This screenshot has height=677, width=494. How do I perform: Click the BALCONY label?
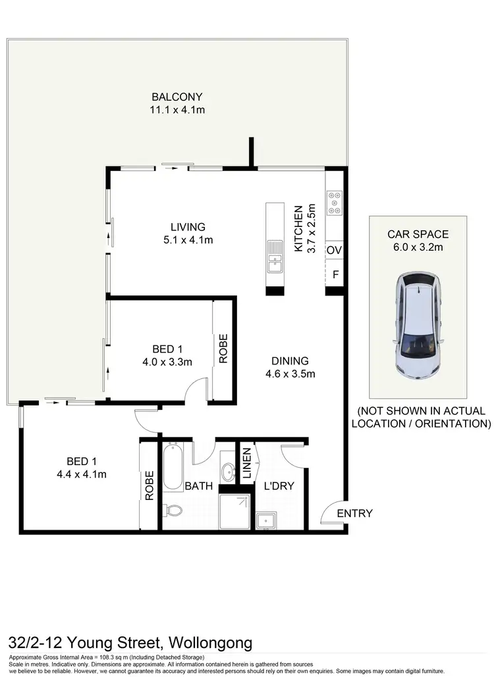[x=177, y=97]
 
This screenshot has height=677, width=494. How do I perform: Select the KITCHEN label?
[x=298, y=228]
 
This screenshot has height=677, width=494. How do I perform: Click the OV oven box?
[x=335, y=250]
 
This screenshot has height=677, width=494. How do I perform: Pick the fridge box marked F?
[x=335, y=274]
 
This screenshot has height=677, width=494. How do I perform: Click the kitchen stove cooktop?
[x=334, y=202]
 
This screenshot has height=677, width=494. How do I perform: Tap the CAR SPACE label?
[x=418, y=234]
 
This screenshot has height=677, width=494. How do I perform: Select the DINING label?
[x=290, y=361]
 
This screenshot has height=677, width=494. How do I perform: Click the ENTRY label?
[x=354, y=513]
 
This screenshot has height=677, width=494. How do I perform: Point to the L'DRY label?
[x=279, y=486]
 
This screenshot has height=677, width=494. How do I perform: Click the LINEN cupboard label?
[x=247, y=463]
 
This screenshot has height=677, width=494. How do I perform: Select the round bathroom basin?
[x=229, y=471]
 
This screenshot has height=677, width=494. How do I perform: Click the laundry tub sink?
[x=266, y=520]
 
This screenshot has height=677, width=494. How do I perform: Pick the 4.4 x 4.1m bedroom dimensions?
[x=82, y=474]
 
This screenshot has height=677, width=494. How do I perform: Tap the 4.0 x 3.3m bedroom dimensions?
[x=167, y=361]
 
